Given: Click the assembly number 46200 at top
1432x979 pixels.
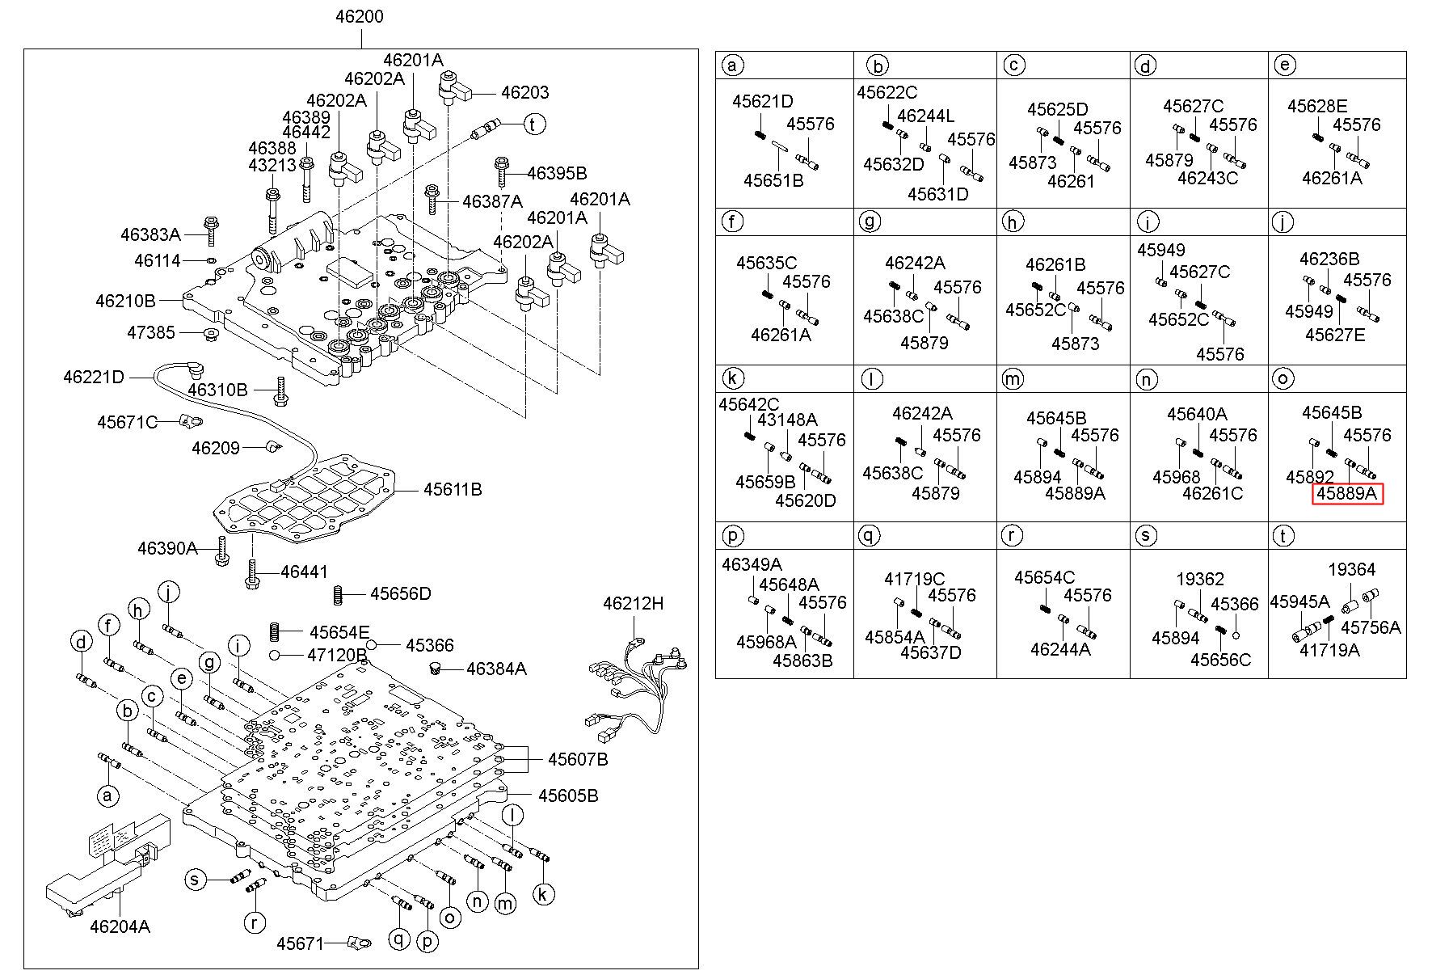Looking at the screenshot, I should click(360, 16).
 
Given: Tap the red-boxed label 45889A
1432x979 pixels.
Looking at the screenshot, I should click(1347, 494).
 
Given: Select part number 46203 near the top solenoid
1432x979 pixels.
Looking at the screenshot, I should click(524, 92).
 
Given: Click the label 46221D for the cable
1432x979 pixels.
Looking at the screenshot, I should click(94, 377).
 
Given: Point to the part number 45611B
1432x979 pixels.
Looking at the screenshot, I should click(453, 489).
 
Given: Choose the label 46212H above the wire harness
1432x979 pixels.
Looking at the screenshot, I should click(633, 603).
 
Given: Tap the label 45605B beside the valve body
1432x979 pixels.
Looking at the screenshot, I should click(568, 795).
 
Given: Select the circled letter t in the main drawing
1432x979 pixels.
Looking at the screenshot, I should click(533, 124).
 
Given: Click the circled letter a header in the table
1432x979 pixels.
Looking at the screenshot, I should click(732, 65).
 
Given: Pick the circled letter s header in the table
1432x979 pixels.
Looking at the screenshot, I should click(1145, 536).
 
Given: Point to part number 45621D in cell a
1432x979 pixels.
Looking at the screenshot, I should click(762, 101).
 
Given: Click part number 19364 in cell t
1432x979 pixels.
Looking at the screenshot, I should click(1351, 570).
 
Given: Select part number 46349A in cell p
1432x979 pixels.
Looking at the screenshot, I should click(752, 565).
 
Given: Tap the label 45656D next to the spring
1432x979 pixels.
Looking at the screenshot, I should click(400, 594).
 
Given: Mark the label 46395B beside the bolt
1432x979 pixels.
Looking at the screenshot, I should click(557, 173).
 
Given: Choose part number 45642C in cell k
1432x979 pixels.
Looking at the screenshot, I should click(748, 404).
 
